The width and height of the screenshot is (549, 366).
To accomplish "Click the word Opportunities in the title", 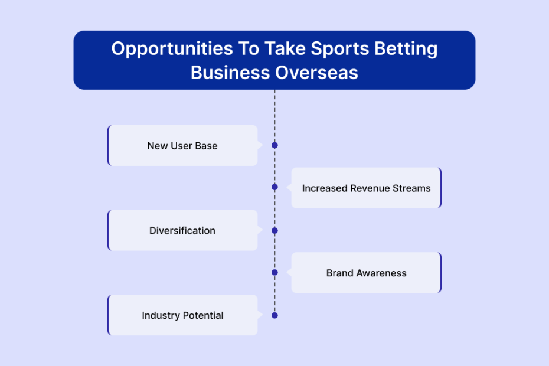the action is tap(172, 49).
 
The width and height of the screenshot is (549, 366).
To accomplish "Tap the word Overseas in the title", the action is tap(316, 73).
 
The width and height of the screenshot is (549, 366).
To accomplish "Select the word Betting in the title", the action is tap(406, 49).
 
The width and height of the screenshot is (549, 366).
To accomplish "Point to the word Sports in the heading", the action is tap(339, 49).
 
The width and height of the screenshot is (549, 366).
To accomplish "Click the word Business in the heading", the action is tap(230, 73).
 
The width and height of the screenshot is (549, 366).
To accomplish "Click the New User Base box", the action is tap(183, 145).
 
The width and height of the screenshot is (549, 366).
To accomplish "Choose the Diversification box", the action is tap(183, 230).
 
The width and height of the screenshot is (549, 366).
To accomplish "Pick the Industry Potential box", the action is tap(183, 315).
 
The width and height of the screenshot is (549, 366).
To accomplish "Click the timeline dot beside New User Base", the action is tap(275, 145).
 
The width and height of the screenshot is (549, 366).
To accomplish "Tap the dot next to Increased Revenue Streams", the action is tap(275, 187).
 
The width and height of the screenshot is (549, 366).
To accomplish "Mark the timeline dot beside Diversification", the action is tap(275, 230).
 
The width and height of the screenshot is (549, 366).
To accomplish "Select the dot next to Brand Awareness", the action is tap(275, 273).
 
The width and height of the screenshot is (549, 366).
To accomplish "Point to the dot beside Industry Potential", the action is tap(275, 316).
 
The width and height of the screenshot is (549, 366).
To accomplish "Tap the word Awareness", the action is tap(381, 273).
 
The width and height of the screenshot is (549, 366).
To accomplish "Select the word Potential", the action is tap(203, 316).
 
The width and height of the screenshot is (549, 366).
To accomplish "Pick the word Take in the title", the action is tap(285, 49).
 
